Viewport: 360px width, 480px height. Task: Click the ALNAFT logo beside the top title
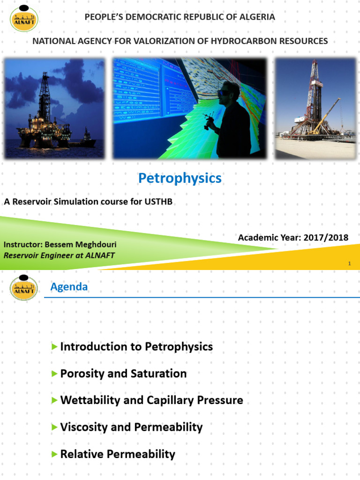tap(24, 18)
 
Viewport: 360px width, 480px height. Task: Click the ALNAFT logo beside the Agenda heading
tap(24, 286)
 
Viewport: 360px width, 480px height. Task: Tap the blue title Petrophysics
tap(180, 178)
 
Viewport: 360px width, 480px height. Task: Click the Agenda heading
tap(69, 286)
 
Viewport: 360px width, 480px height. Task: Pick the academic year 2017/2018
tap(326, 237)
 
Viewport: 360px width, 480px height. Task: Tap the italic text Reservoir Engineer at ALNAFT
tap(59, 255)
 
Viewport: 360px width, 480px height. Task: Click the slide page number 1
tap(349, 264)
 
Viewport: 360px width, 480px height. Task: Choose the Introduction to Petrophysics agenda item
tap(136, 347)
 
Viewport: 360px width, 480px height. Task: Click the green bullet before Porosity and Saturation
tap(55, 374)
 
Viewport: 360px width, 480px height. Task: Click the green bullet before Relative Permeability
tap(55, 454)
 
